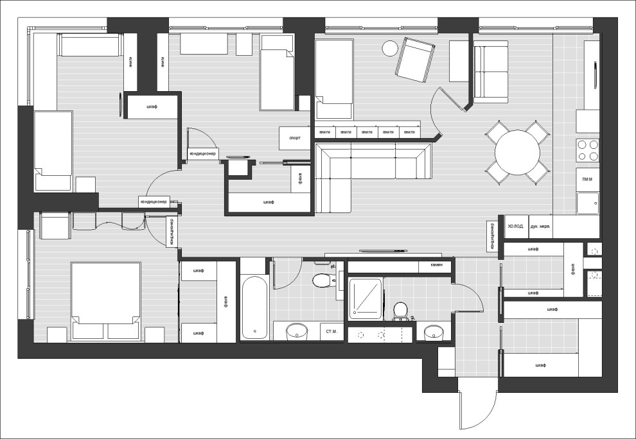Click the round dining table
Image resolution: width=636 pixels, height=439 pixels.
[x=517, y=152]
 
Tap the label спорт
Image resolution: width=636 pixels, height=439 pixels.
[x=295, y=138]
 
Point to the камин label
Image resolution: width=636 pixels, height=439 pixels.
[x=428, y=264]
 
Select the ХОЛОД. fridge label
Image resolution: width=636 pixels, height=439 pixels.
[x=515, y=227]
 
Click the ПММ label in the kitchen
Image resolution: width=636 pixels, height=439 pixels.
[x=587, y=180]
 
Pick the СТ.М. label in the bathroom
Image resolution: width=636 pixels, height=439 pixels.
[x=332, y=331]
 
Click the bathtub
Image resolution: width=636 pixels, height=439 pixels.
[x=255, y=307]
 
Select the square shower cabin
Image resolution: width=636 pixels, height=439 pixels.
[x=366, y=298]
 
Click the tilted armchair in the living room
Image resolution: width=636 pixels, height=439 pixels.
[x=416, y=60]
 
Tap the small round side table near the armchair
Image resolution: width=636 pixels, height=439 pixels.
[x=390, y=48]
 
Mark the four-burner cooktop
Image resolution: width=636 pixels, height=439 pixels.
[x=587, y=150]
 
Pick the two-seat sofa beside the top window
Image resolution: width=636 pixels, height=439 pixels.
[x=491, y=74]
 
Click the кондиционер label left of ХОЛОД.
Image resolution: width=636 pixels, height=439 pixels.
[x=491, y=236]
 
